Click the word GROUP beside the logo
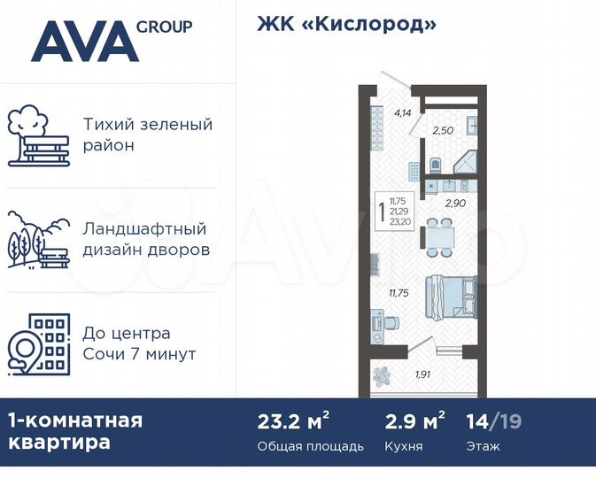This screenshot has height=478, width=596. click(x=165, y=26)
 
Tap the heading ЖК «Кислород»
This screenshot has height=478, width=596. click(x=346, y=24)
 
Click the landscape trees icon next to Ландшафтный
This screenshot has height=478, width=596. click(x=37, y=239)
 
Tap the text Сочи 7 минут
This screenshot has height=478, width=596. click(x=138, y=354)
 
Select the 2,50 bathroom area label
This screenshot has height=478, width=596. click(x=442, y=131)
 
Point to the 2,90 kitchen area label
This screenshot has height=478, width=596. click(x=454, y=203)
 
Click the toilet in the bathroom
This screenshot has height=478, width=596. click(x=434, y=166)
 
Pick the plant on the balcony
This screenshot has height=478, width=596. click(x=381, y=374)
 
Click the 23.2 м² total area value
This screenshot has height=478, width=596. click(x=293, y=420)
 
